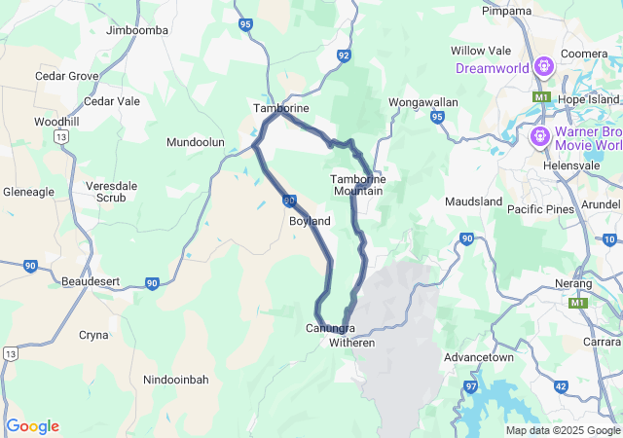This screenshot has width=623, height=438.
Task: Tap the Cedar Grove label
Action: coord(67,75)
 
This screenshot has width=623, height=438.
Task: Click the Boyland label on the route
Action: coord(310,221)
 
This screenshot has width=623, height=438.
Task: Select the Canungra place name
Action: coord(329,328)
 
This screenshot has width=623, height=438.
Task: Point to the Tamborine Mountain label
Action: coord(358,185)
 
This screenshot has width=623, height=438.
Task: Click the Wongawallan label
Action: coord(423,101)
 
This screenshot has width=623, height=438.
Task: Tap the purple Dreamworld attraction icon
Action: coord(543,67)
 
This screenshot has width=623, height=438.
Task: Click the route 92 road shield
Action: coord(344,55)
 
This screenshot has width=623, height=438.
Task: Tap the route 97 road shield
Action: coord(471,386)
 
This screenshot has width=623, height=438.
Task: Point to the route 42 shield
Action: coord(561,386)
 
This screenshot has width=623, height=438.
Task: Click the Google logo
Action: coord(32,426)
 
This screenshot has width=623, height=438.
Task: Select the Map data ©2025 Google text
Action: coord(563,430)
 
